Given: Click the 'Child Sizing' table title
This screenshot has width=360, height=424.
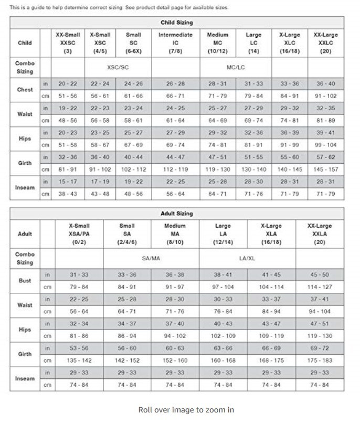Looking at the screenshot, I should (177, 23).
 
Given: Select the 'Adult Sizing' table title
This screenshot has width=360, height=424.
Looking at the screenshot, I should (177, 214).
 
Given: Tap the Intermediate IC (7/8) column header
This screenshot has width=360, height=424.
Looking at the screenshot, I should (175, 43).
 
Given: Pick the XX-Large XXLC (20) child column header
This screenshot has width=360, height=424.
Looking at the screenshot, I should (325, 43).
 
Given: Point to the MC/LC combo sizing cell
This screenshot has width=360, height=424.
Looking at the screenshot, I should (235, 68).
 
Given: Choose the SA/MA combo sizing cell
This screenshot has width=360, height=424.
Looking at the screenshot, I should (151, 259).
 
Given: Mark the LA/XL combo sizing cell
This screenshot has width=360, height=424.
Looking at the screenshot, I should (247, 259).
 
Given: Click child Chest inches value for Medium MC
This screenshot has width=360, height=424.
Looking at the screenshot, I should (217, 84).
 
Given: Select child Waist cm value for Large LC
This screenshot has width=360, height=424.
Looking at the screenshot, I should (253, 121).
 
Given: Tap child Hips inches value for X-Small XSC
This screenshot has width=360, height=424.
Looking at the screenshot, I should (100, 133).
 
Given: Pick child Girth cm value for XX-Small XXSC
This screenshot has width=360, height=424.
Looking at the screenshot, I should (68, 169).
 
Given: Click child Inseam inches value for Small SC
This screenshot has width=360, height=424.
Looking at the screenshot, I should (133, 182).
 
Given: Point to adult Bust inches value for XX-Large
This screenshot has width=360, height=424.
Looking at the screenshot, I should (320, 274).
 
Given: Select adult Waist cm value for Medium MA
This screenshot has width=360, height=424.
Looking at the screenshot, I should (175, 311).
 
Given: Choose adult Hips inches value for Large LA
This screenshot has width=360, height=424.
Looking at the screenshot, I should (223, 324).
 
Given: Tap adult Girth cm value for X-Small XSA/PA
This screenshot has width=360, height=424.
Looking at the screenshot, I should (79, 361).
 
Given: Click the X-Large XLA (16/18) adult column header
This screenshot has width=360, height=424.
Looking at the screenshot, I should (271, 234).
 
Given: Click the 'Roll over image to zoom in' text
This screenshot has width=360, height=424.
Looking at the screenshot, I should (186, 410).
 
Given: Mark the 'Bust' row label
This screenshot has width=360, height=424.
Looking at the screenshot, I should (25, 281).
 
